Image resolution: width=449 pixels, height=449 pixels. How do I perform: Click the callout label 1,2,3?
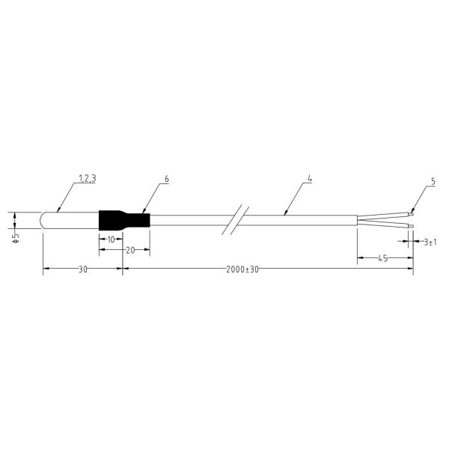[88, 179]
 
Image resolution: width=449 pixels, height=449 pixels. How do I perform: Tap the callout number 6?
[167, 179]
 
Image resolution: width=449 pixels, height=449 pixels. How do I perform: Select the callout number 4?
[310, 179]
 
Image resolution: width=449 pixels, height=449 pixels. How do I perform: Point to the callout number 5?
[433, 181]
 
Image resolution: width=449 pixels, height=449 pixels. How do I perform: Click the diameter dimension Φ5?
[16, 239]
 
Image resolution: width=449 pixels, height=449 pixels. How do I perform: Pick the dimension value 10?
[111, 239]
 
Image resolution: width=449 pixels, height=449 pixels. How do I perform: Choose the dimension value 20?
[130, 250]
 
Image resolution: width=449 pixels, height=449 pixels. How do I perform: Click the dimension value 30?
[83, 269]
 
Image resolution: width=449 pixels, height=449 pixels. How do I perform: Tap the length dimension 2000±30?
[242, 269]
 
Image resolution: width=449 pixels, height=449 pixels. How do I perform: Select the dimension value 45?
[383, 258]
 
